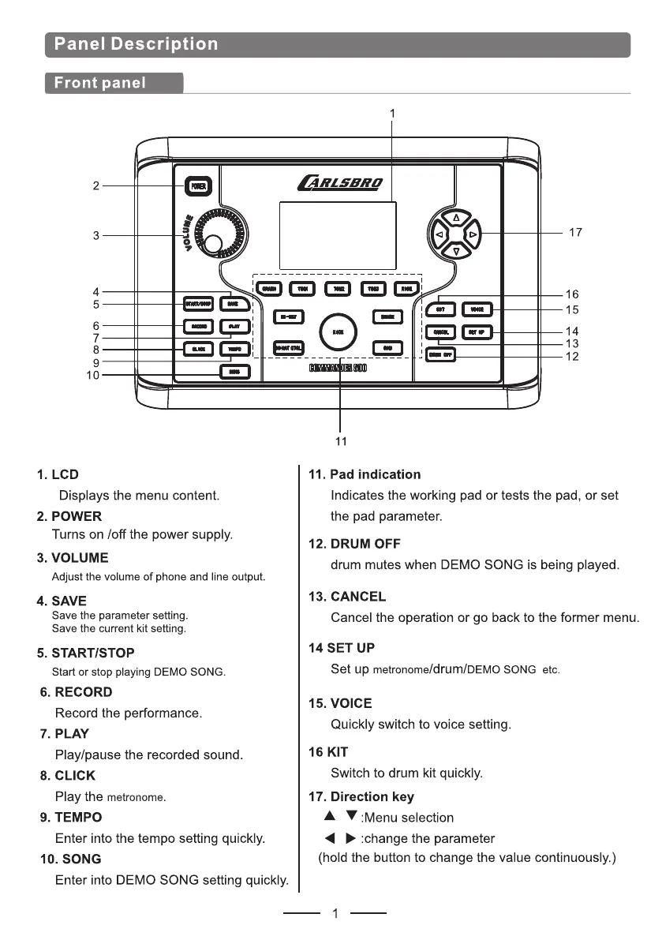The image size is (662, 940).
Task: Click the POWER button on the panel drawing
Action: coord(198,186)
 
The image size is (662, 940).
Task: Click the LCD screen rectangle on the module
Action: coord(338,235)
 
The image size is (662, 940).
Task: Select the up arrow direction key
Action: coord(456,218)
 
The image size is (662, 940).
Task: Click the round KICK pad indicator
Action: coord(338,332)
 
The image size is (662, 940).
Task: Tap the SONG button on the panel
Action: coord(234,371)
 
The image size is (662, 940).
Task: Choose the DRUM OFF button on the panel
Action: coord(441,354)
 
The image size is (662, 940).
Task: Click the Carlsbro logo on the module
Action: coord(339,184)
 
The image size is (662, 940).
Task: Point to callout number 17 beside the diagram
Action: coord(575,233)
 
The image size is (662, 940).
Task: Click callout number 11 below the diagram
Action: coord(341,441)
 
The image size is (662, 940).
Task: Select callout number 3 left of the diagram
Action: coord(95,235)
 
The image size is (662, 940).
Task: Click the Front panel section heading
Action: coord(99,83)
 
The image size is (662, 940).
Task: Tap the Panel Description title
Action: coord(136,44)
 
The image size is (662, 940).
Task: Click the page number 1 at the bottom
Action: coord(335,914)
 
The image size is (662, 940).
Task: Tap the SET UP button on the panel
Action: coord(477,332)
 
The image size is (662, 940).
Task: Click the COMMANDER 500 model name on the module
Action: coord(337,369)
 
